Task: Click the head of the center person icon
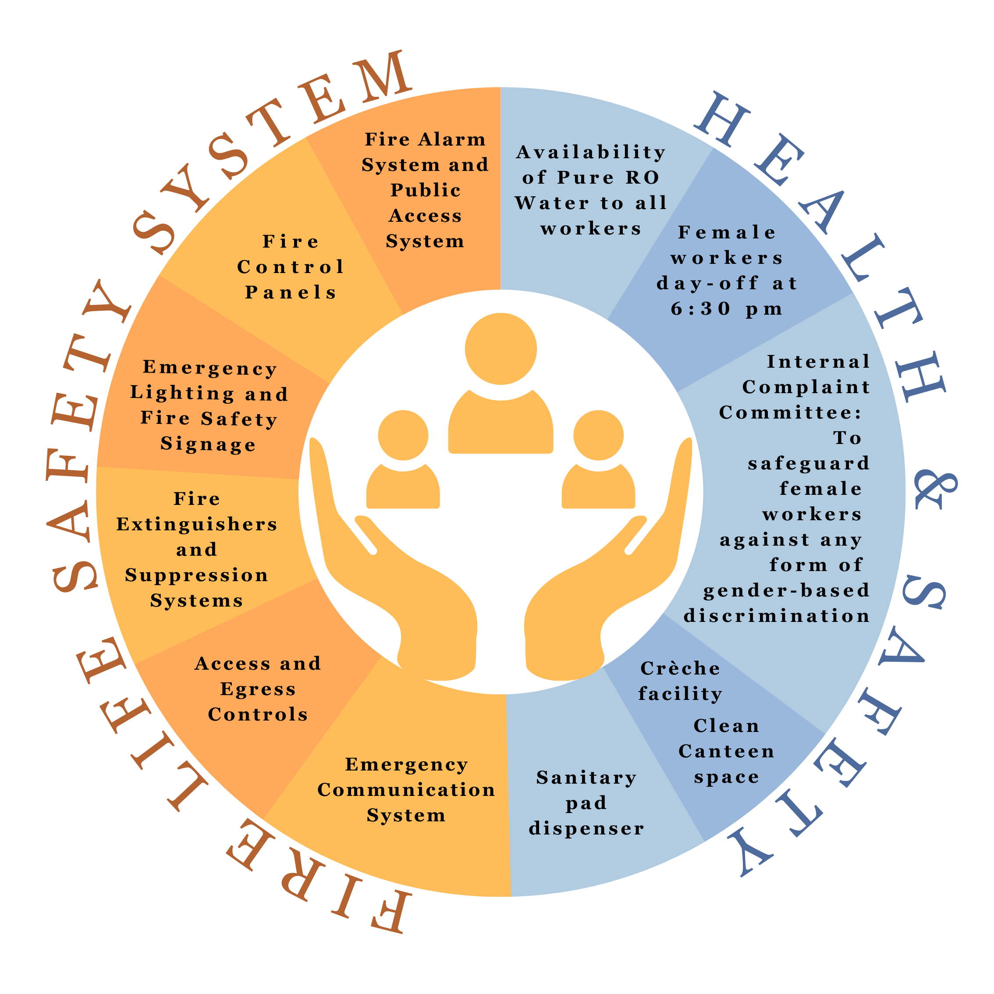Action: (x=501, y=349)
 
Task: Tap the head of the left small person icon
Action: (x=403, y=435)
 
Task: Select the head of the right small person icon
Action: (x=598, y=435)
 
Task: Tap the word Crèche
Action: (x=680, y=668)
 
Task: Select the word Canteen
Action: (x=727, y=751)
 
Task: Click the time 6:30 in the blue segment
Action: (x=701, y=309)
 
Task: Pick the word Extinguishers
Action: (x=197, y=524)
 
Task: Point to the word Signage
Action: (x=208, y=444)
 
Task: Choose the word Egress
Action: (x=258, y=689)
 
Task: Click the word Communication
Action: (x=406, y=790)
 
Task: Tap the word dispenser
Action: (x=586, y=828)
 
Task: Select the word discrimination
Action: (x=777, y=616)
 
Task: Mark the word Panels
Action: (x=291, y=292)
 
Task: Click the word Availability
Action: (x=591, y=152)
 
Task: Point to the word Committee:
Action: (x=790, y=412)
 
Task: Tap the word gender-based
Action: (x=787, y=590)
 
